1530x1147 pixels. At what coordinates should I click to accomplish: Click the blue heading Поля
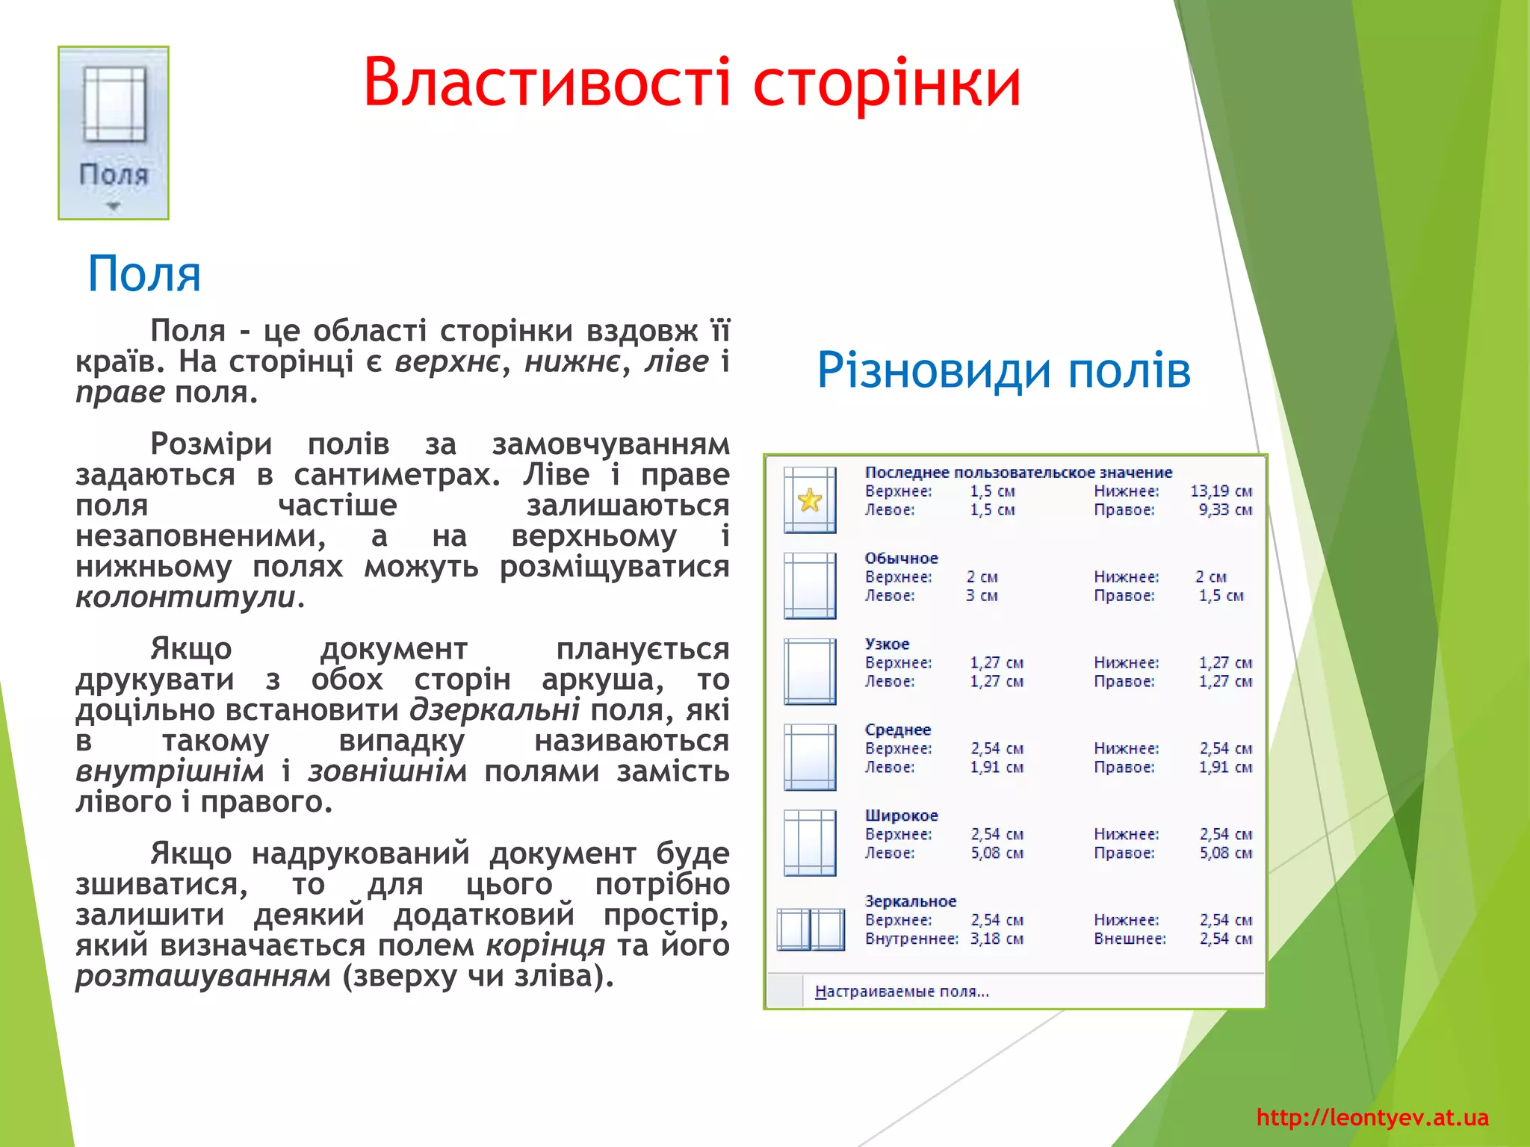point(144,273)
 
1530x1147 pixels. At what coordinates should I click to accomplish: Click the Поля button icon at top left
point(114,133)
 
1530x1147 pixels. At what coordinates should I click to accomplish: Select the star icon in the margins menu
point(810,500)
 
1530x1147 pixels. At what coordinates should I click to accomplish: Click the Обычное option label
point(901,558)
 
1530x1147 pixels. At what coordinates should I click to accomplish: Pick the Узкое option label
point(887,644)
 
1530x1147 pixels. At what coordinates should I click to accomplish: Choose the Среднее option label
point(897,730)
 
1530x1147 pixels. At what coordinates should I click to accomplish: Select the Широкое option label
point(901,815)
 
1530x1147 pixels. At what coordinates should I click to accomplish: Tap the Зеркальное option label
point(910,901)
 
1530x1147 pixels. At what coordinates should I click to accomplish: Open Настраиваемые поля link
point(902,992)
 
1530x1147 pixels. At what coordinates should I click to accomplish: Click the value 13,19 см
point(1221,491)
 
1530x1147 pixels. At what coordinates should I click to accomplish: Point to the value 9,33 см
point(1225,510)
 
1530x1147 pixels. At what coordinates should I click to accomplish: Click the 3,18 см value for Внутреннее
point(997,939)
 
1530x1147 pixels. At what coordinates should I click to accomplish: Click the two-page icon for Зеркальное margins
point(811,930)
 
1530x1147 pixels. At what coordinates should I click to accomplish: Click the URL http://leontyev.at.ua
point(1372,1118)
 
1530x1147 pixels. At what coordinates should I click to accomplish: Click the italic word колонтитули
point(185,597)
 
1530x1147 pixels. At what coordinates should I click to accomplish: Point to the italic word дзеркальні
point(495,709)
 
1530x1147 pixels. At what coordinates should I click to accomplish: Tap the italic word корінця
point(545,945)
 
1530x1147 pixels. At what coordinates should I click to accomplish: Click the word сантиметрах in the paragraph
point(397,475)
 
